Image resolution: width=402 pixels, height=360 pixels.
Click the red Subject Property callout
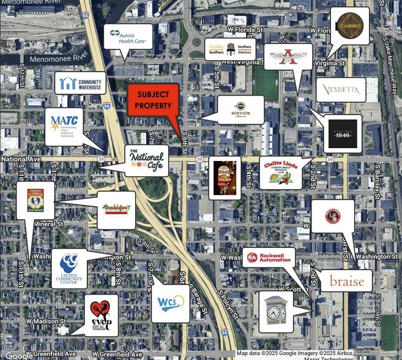tap(152, 99)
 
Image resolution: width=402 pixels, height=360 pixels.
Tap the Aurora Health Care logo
tap(128, 37)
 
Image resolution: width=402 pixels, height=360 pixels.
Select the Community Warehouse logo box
tap(80, 83)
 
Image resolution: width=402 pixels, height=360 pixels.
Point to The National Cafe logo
tap(146, 160)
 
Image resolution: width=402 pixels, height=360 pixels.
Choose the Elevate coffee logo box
tap(241, 110)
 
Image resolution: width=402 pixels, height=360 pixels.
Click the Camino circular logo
tap(350, 26)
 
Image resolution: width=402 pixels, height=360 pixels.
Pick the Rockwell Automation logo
tap(269, 258)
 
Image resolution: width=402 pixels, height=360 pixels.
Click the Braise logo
tap(346, 281)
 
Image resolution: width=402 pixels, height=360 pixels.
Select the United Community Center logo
tap(69, 268)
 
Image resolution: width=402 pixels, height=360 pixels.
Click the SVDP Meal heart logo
tap(101, 315)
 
